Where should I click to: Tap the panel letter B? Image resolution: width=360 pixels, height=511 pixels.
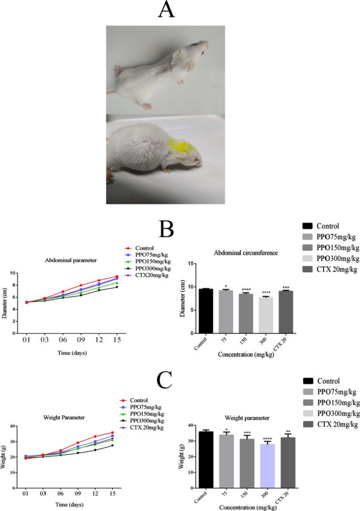point(167,230)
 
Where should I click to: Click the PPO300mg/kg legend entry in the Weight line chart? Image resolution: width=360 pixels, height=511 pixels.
point(150,421)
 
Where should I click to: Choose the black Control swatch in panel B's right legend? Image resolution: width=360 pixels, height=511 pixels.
point(310,226)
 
